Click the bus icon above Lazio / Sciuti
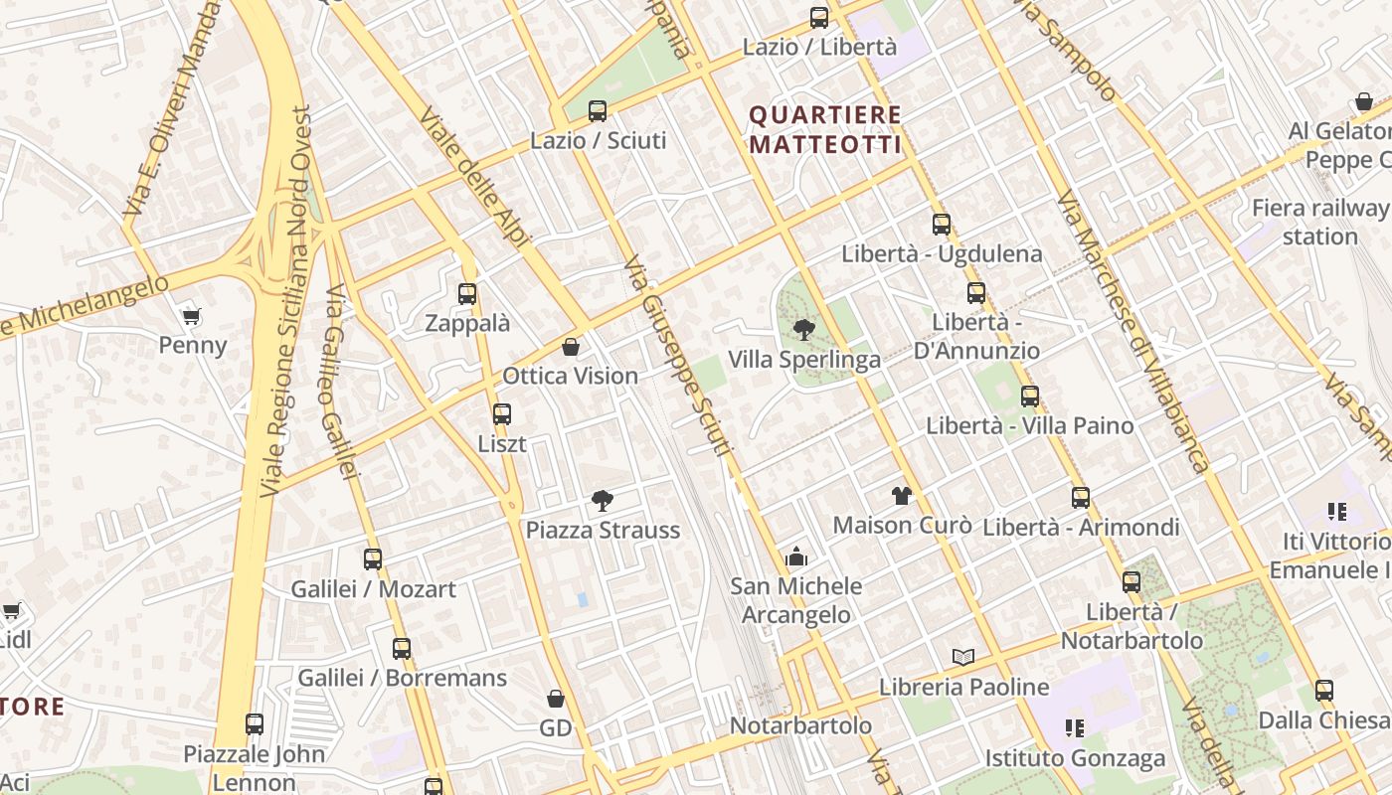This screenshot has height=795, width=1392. pos(598,111)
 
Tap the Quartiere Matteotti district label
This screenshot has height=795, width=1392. pos(825,130)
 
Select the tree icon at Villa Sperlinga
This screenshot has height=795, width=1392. pos(804,329)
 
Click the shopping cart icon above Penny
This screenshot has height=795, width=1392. pos(192,317)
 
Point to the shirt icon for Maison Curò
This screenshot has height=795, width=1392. pos(902,495)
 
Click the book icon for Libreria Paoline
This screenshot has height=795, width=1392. pos(962,657)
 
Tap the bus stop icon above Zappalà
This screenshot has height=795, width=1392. pos(467,294)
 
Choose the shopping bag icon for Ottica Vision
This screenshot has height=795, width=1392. pos(571,347)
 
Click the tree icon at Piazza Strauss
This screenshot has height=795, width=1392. pos(602,500)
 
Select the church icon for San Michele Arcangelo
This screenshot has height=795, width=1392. pos(796,556)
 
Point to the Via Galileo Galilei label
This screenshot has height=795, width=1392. pos(340,383)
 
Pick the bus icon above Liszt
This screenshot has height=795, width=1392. pos(502,414)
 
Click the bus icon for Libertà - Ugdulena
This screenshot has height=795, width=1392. pos(942,225)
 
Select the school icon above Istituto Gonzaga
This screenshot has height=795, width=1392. pos(1074,728)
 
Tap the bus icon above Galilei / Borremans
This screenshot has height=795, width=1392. pos(402,649)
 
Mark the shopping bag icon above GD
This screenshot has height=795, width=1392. pos(556,699)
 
